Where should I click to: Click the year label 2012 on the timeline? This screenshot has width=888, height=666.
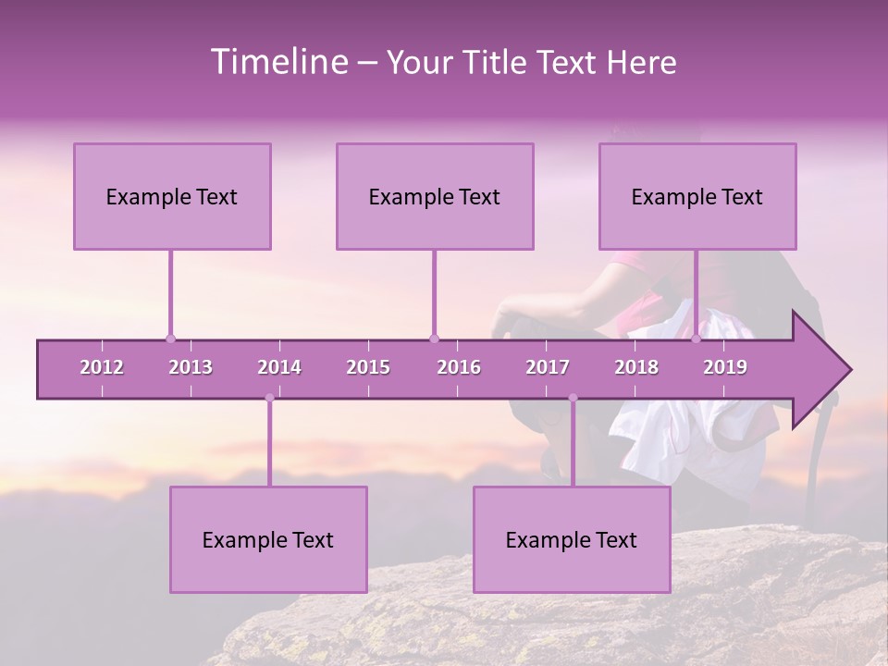pos(102,367)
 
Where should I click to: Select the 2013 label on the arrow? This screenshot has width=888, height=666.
pos(191,367)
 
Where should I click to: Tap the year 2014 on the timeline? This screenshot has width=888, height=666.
pos(279,367)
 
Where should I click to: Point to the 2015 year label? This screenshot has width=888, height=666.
pos(368,367)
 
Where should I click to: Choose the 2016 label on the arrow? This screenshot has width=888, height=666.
pos(459,367)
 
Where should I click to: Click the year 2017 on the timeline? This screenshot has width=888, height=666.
pos(548,367)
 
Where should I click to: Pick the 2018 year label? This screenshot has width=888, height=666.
pos(636,367)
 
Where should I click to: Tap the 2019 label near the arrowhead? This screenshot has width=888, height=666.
pos(725,367)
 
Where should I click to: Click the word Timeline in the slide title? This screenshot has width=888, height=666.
pos(277,62)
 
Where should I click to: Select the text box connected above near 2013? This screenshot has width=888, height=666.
pos(172,196)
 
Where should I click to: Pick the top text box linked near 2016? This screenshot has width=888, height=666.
pos(435,196)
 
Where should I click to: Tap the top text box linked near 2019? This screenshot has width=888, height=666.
pos(697,196)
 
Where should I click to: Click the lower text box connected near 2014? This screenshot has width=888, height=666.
pos(268,539)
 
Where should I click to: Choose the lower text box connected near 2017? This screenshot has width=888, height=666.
pos(572,539)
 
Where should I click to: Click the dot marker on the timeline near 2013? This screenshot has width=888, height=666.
pos(170,339)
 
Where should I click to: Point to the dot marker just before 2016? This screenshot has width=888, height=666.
pos(434,339)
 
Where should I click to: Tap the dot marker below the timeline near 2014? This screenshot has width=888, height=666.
pos(269,399)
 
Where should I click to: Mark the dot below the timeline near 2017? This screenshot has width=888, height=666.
pos(573,399)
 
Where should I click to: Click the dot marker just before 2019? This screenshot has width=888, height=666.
pos(697,339)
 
